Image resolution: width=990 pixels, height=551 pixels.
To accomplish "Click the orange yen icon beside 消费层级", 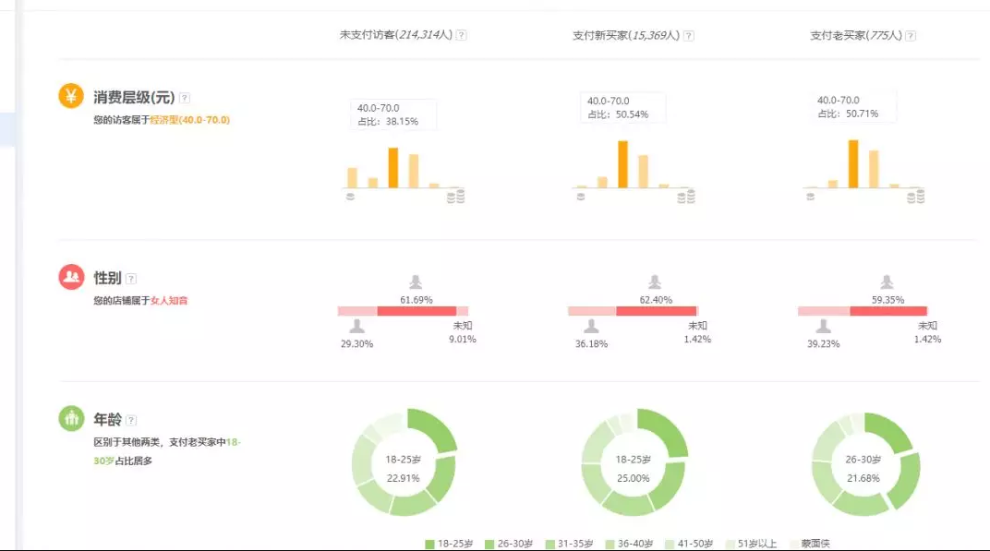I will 71,96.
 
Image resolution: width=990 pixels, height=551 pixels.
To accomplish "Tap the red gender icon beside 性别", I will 71,277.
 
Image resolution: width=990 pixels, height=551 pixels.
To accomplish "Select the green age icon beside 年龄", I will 71,418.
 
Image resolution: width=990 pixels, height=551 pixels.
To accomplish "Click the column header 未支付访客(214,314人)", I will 396,35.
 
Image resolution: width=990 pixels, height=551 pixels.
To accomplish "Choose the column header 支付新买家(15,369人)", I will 626,35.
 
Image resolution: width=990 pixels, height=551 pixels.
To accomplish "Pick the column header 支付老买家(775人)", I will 855,35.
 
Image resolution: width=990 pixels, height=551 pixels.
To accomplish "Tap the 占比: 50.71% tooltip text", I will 848,114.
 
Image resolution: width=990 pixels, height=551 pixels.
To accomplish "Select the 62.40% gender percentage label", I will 655,300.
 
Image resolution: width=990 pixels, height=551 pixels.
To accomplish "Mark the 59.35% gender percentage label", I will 887,300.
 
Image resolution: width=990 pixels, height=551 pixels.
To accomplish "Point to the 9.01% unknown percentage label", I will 463,339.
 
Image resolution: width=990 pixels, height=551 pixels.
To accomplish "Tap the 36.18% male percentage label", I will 591,342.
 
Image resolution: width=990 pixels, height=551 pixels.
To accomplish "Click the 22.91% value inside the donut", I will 404,478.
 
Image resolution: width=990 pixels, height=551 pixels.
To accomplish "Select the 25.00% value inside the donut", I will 634,478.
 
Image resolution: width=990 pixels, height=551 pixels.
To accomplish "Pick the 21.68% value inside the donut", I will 864,478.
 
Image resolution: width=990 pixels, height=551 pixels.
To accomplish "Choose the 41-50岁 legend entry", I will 693,544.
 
